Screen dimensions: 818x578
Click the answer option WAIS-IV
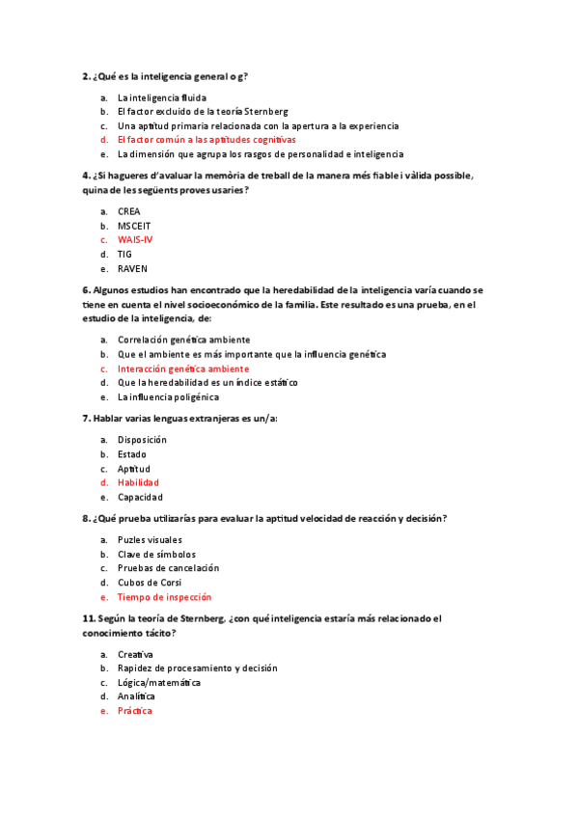click(134, 239)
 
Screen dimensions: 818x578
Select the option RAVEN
click(132, 268)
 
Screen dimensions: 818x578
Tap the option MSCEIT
click(134, 225)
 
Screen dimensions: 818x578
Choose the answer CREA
click(129, 210)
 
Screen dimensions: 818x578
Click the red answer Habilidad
click(138, 482)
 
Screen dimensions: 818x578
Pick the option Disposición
click(142, 440)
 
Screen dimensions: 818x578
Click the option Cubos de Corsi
click(150, 583)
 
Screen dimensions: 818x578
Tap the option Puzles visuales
click(150, 540)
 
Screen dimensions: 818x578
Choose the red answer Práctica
click(135, 711)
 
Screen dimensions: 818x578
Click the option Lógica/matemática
click(159, 682)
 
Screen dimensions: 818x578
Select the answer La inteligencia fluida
click(162, 97)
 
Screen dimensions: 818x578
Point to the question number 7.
click(87, 419)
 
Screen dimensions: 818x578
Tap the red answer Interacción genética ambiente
click(183, 368)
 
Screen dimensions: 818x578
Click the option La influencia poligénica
click(168, 396)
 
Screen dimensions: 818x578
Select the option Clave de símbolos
click(156, 555)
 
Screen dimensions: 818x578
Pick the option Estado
click(132, 454)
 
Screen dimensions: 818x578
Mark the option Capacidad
click(140, 497)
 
